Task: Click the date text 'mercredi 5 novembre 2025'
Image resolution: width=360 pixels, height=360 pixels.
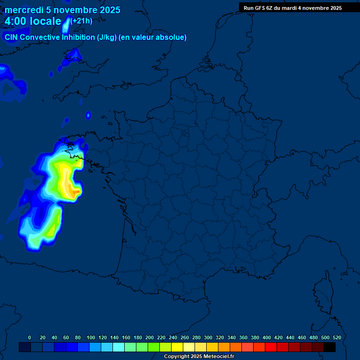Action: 62,10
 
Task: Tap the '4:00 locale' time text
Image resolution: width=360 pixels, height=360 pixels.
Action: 33,21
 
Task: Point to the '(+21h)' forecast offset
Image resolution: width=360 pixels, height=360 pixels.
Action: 81,21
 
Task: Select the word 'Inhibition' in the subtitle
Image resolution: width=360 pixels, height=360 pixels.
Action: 78,37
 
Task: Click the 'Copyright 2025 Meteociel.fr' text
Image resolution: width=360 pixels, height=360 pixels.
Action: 199,357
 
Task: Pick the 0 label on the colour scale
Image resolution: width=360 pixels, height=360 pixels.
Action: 30,337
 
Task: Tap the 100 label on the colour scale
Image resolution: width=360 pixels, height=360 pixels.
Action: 91,337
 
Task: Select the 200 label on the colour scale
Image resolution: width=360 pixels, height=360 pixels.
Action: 150,337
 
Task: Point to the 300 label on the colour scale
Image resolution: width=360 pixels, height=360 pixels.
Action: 208,337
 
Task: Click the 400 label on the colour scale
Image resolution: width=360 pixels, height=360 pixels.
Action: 267,337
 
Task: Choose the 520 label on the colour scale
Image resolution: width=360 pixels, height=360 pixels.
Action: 337,337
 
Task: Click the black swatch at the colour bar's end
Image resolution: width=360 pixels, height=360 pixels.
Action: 330,347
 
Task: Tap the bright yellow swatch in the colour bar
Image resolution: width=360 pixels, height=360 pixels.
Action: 177,347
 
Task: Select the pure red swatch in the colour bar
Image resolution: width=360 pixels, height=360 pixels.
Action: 271,347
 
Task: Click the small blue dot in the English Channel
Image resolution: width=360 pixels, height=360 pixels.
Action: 88,115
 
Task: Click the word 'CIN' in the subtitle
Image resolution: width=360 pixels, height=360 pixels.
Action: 11,37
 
